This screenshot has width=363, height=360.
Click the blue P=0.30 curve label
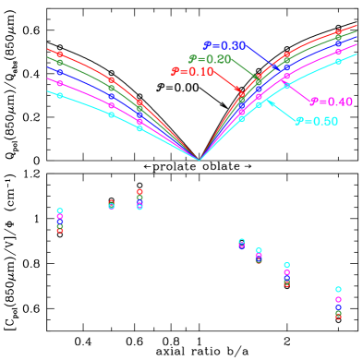[x=224, y=45]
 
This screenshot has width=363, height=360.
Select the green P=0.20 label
[x=209, y=59]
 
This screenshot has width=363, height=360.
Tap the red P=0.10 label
[x=192, y=72]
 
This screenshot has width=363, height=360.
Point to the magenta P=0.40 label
[x=331, y=102]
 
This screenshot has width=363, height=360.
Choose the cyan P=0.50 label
[x=316, y=121]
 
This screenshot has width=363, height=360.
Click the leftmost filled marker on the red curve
[x=60, y=54]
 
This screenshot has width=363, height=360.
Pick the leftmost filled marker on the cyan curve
[x=60, y=95]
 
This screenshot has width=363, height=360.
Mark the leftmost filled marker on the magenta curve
[x=60, y=83]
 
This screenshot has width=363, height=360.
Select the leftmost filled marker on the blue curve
[x=60, y=71]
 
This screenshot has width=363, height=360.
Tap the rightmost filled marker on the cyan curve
[x=338, y=61]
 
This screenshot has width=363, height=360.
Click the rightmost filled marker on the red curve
[x=338, y=32]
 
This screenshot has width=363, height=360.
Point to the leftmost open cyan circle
[x=60, y=210]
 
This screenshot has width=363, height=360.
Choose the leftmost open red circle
[x=60, y=230]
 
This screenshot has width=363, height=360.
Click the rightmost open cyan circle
[x=338, y=289]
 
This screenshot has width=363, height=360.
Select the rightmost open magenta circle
[x=338, y=299]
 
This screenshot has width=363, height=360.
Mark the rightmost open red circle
[x=338, y=317]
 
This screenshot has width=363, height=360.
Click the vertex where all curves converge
[x=200, y=160]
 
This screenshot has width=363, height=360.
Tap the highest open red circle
[x=139, y=192]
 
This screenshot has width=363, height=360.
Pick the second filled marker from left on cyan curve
[x=112, y=114]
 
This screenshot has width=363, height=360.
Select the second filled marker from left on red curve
[x=112, y=81]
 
